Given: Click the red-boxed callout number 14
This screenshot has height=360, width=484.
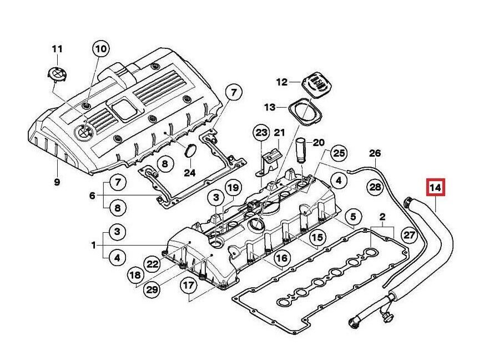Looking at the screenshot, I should (436, 189).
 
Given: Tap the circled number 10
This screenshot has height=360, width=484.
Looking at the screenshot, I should (100, 49).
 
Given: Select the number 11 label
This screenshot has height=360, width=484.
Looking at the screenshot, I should (57, 48).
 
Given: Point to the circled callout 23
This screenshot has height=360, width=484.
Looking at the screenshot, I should (261, 133).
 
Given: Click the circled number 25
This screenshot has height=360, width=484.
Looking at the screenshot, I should (339, 153).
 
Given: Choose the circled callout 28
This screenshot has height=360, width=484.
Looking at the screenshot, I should (376, 187).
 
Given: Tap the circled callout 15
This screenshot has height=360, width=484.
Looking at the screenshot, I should (316, 238).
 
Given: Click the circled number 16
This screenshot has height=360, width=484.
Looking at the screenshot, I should (282, 258).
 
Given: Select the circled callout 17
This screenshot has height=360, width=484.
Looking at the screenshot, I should (189, 286).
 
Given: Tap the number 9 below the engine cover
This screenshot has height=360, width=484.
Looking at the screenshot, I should (57, 182).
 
